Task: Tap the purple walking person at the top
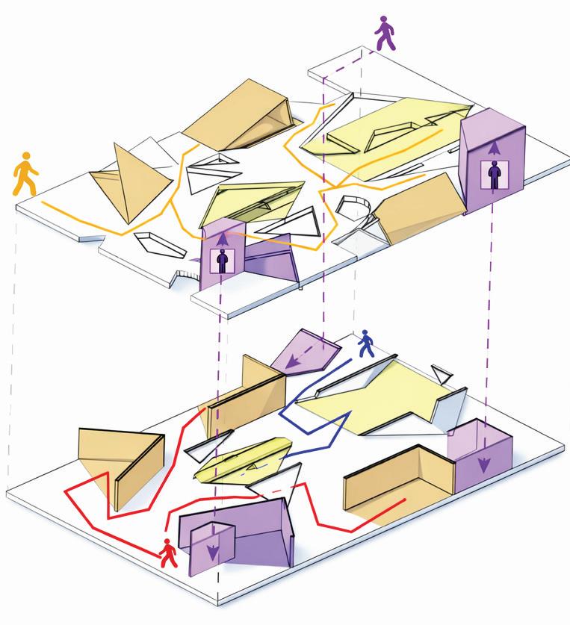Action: (385, 34)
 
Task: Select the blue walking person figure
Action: (366, 344)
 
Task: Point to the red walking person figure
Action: (170, 552)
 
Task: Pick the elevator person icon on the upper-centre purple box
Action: (222, 261)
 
